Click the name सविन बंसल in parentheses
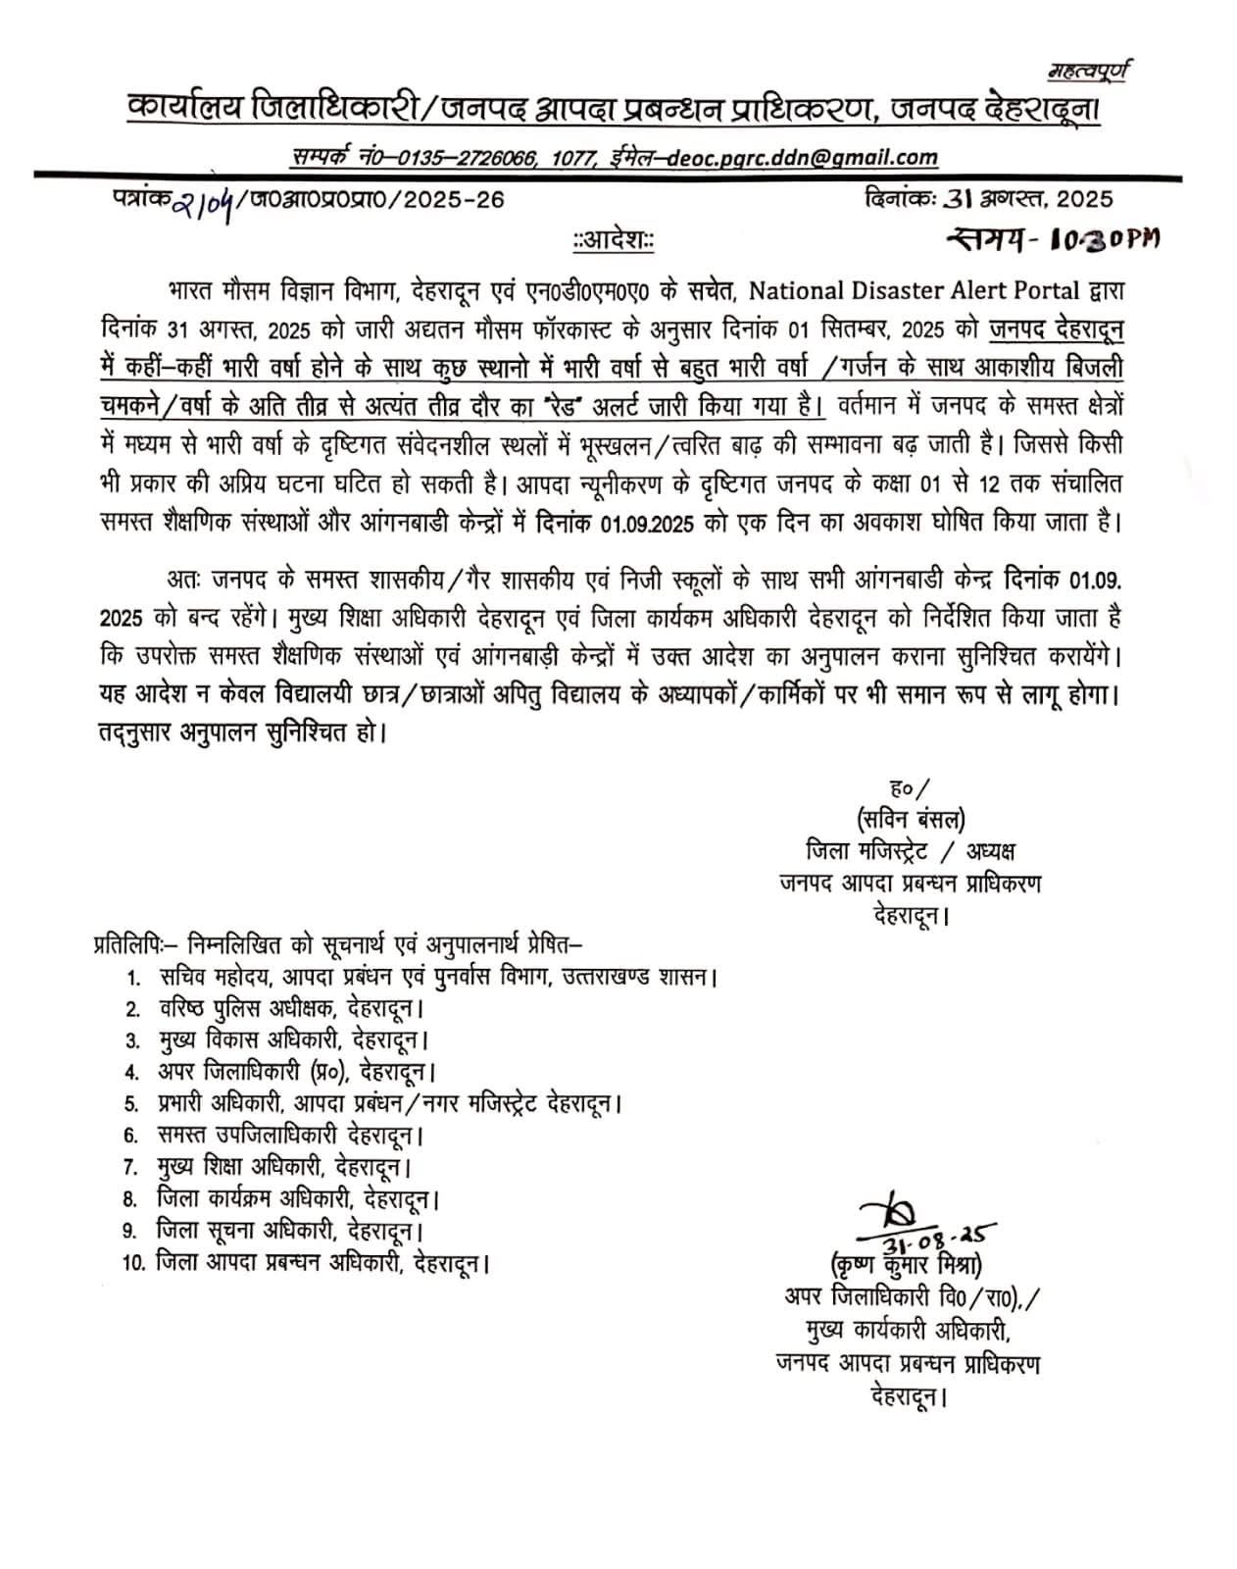(x=911, y=817)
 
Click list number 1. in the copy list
(x=132, y=978)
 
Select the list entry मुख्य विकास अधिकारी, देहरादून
(x=293, y=1039)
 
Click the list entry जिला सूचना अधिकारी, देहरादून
(x=290, y=1230)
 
